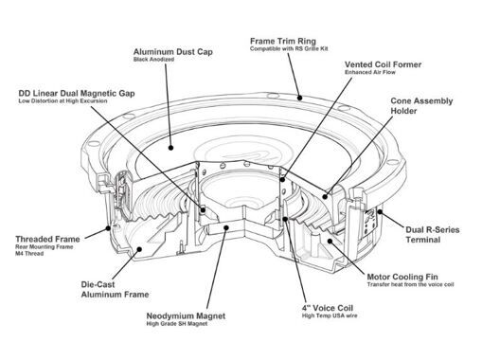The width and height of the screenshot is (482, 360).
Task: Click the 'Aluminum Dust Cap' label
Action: tap(173, 52)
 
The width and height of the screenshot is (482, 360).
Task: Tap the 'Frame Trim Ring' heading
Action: tap(283, 41)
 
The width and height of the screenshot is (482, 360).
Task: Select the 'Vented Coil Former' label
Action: tap(383, 64)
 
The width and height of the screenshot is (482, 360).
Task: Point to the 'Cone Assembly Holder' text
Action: tap(421, 106)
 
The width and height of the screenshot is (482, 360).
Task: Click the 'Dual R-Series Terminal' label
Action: tap(433, 234)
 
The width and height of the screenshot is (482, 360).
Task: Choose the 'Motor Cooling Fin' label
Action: tap(402, 277)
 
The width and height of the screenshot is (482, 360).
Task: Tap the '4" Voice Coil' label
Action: tap(328, 308)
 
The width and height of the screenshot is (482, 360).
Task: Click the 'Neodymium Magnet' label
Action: tap(186, 315)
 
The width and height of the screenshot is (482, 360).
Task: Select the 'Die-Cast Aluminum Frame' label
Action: tap(115, 289)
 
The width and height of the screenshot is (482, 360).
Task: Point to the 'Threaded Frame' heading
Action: tap(47, 239)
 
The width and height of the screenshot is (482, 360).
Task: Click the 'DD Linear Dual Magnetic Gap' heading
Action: tap(77, 94)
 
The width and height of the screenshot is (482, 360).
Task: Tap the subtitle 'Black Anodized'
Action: tap(153, 60)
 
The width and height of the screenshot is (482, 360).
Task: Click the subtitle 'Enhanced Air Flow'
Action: tap(370, 72)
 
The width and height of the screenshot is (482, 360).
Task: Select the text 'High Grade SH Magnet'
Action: tap(177, 323)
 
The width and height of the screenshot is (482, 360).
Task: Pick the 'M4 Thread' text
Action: tap(29, 253)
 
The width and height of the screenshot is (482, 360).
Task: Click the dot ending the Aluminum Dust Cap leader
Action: tap(170, 148)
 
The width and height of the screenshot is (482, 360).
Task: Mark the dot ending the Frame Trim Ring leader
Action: tap(300, 98)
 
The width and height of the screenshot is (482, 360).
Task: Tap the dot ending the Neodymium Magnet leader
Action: tap(226, 227)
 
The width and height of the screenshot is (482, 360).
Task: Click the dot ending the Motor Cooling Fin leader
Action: tap(330, 241)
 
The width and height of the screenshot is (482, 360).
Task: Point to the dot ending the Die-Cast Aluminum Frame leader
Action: tap(139, 249)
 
